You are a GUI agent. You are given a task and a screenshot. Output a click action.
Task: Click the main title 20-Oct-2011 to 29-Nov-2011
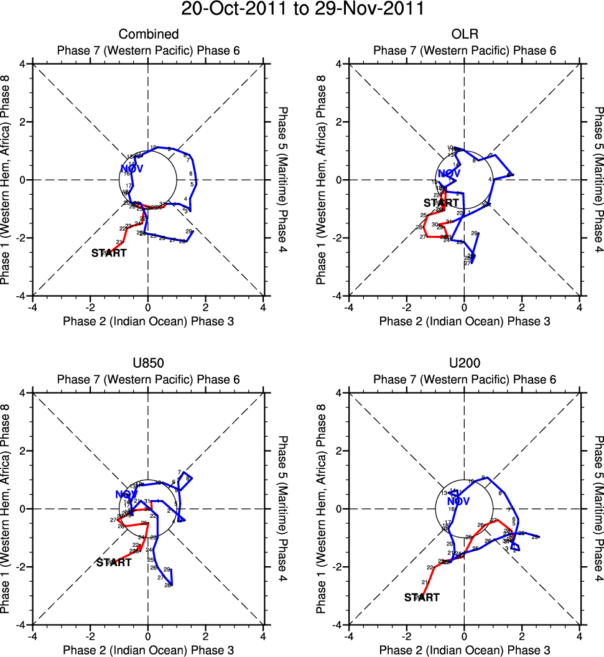[x=302, y=9]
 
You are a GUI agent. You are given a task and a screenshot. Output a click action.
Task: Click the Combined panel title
[x=148, y=34]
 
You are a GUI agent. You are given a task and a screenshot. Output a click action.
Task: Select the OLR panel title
[x=464, y=34]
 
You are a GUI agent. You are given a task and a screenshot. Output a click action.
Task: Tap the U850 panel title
[x=148, y=363]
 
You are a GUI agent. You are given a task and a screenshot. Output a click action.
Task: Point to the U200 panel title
[x=464, y=363]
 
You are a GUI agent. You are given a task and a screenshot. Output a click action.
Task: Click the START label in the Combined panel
[x=109, y=253]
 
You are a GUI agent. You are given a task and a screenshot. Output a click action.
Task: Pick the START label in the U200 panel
[x=422, y=597]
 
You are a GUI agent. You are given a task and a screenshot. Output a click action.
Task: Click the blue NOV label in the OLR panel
[x=450, y=174]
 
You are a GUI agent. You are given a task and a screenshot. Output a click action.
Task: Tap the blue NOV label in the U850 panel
[x=126, y=495]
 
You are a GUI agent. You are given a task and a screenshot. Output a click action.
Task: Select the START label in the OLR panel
[x=441, y=203]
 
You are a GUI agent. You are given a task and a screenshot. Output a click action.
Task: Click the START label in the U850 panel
[x=114, y=562]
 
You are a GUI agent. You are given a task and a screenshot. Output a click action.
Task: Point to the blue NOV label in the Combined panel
[x=132, y=169]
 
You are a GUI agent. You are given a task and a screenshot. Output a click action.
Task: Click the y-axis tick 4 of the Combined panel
[x=22, y=63]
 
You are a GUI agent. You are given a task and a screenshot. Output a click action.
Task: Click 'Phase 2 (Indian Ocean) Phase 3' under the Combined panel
[x=148, y=321]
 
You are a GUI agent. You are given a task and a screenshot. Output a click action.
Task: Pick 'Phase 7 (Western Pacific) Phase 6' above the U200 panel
[x=464, y=380]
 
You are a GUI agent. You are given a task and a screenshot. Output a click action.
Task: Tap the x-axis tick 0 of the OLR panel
[x=464, y=307]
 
